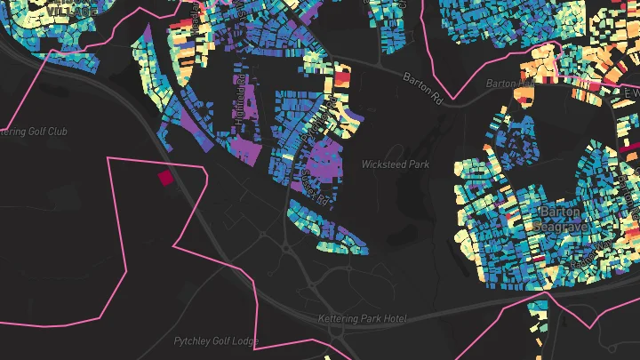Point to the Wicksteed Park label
click(x=396, y=164)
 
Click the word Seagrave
click(x=559, y=226)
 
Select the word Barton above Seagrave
click(x=559, y=212)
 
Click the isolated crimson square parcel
click(x=165, y=178)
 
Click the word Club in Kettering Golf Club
click(x=57, y=132)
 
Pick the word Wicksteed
click(x=384, y=164)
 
